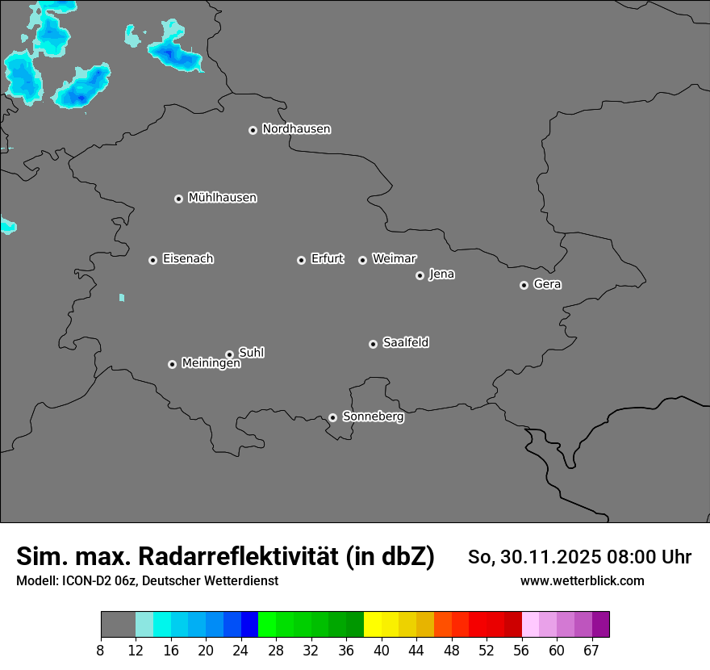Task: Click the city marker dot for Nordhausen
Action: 253,130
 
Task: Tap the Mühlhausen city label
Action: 222,198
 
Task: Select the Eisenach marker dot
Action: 152,260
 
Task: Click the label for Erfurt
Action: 327,259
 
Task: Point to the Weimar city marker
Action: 362,260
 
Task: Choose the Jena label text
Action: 441,274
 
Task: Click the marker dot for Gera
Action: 524,285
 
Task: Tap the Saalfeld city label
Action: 405,343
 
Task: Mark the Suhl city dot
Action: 229,354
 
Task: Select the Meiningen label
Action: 211,364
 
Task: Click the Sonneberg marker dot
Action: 332,417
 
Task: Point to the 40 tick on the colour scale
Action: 382,649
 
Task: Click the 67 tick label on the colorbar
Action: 591,649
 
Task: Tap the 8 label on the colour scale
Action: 101,649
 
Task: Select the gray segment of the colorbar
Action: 118,625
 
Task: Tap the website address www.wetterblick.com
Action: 582,580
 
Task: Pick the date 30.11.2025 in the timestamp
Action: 551,557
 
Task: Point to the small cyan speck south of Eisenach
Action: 122,298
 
